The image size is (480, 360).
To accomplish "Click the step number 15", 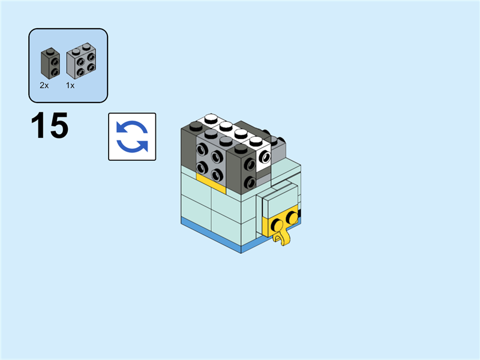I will point(50,126).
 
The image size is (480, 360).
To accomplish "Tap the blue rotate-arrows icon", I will point(132,137).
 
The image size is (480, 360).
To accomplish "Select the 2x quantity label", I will point(44,86).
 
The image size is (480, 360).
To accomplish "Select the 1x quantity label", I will point(70,86).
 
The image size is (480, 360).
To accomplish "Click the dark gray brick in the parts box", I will point(49,64).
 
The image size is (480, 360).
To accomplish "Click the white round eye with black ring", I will point(265,159).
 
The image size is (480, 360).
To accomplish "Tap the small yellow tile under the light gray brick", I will point(210,180).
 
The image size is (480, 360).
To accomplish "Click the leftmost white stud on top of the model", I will point(211,118).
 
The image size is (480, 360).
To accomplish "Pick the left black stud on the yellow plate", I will point(277,224).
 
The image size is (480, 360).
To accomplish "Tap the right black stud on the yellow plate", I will point(292,217).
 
